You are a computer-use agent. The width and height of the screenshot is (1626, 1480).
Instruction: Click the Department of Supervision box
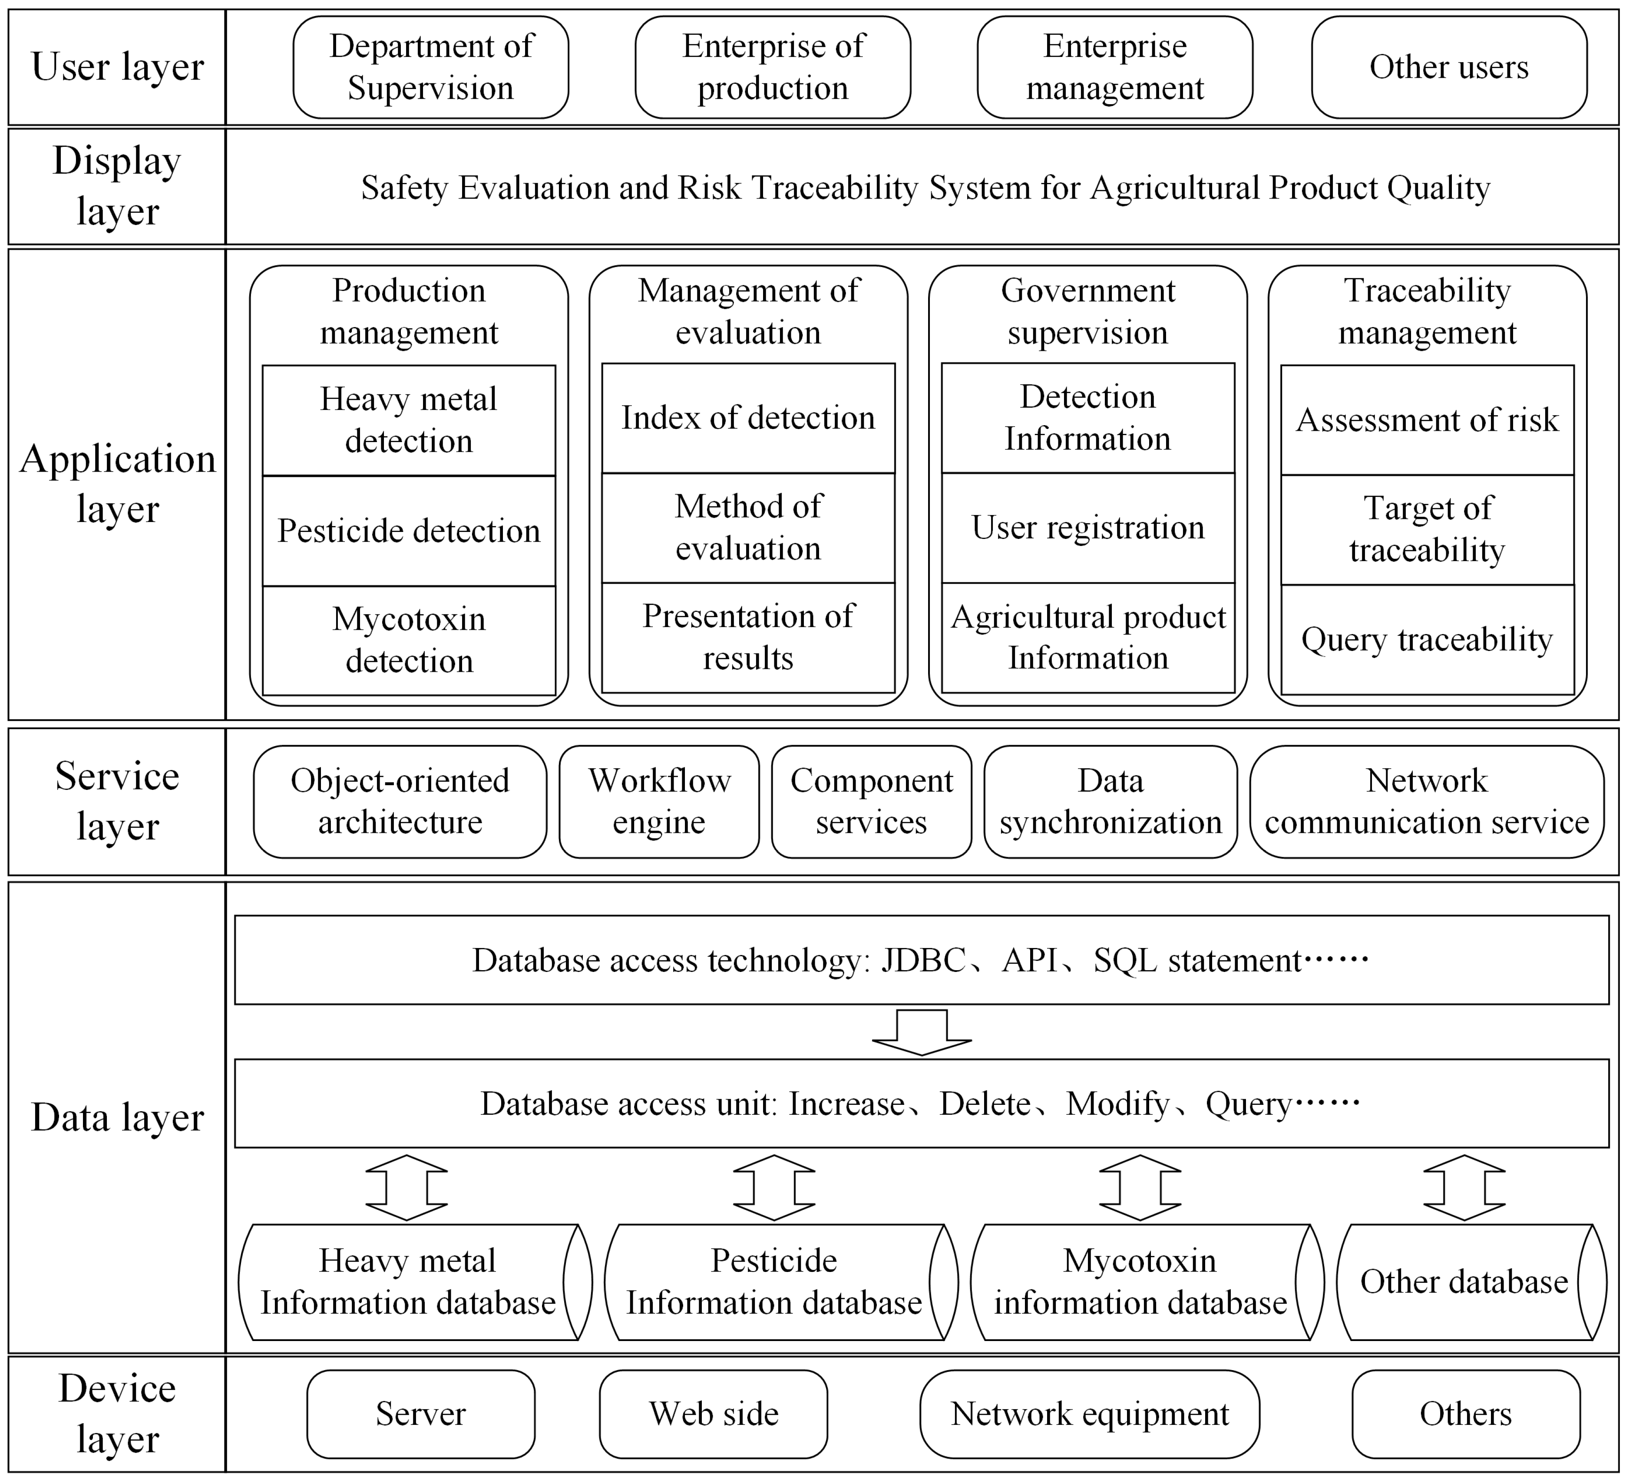click(x=431, y=67)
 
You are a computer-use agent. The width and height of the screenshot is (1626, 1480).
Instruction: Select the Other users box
click(x=1448, y=67)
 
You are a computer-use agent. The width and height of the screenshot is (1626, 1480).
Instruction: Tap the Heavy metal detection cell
click(x=409, y=420)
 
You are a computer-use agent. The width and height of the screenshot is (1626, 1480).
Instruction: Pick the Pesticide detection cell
click(x=409, y=531)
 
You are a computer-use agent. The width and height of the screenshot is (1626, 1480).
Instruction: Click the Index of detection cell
click(x=748, y=418)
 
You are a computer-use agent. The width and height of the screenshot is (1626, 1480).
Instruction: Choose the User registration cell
click(x=1087, y=528)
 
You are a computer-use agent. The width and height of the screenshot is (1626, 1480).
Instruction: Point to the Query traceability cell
click(x=1427, y=640)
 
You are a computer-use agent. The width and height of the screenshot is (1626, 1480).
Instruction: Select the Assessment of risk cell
click(x=1427, y=420)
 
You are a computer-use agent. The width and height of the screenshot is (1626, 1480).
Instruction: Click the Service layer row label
click(x=117, y=801)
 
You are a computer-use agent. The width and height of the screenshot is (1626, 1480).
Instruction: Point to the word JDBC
click(x=923, y=960)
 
